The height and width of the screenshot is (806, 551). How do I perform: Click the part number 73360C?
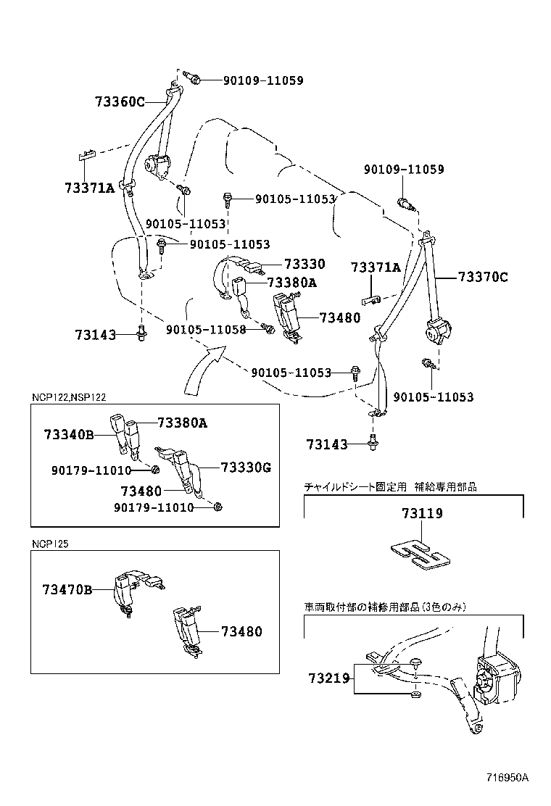pyautogui.click(x=120, y=101)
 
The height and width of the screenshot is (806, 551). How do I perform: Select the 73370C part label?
pyautogui.click(x=483, y=276)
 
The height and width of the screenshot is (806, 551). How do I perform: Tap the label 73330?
pyautogui.click(x=304, y=265)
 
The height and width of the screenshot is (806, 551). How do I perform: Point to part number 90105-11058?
pyautogui.click(x=206, y=329)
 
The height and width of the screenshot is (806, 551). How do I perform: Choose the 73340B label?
pyautogui.click(x=69, y=434)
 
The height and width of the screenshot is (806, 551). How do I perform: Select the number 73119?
pyautogui.click(x=422, y=513)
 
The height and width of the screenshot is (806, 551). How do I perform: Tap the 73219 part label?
pyautogui.click(x=328, y=678)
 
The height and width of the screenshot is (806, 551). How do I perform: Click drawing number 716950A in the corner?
pyautogui.click(x=507, y=778)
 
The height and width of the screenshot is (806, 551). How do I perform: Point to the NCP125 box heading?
pyautogui.click(x=50, y=543)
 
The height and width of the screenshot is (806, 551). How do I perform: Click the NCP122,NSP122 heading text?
pyautogui.click(x=69, y=397)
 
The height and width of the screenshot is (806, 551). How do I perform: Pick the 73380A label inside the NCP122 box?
pyautogui.click(x=182, y=423)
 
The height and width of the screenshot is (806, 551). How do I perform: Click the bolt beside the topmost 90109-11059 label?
pyautogui.click(x=191, y=78)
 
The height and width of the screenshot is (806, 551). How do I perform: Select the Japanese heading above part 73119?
pyautogui.click(x=390, y=487)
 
